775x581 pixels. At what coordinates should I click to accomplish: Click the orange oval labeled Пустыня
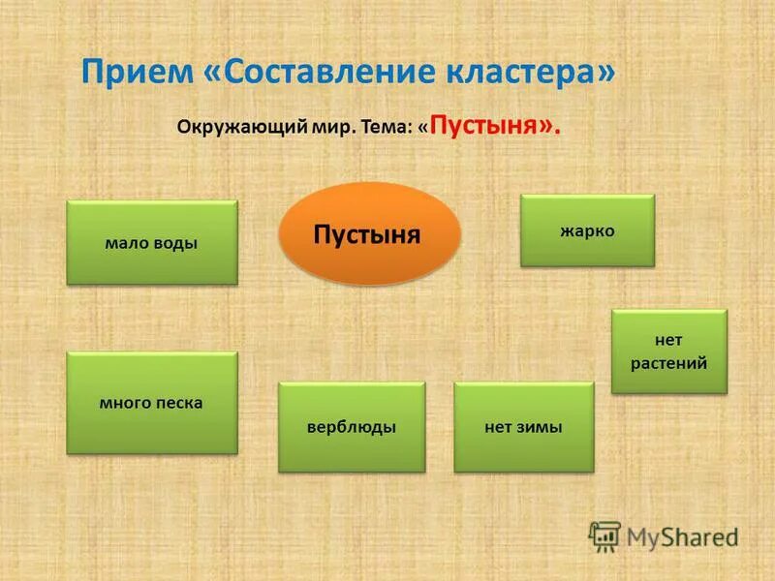369,234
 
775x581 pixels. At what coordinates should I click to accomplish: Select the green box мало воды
151,243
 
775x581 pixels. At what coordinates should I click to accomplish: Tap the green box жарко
587,230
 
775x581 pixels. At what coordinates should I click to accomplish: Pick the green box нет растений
668,352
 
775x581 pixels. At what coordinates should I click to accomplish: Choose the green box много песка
151,403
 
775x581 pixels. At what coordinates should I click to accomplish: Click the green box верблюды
352,427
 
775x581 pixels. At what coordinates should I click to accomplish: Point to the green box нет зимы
523,427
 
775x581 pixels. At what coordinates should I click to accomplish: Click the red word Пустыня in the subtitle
487,125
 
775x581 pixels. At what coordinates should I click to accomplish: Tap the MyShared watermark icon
604,536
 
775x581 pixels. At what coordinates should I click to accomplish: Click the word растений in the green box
668,363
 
